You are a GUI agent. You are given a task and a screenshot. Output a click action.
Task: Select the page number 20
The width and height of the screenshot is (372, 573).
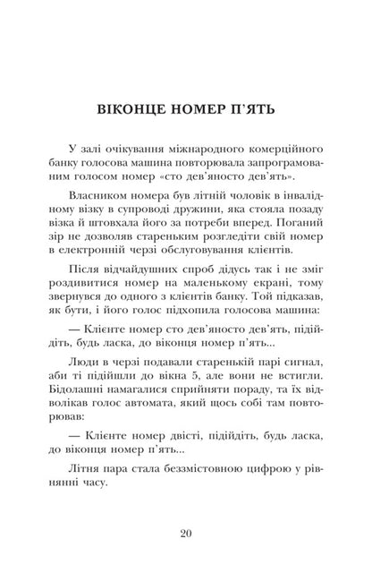185,535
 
